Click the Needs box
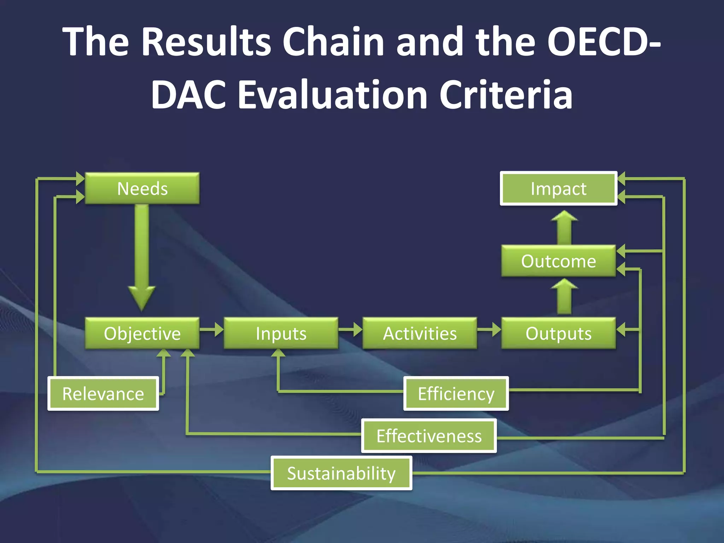[x=142, y=188]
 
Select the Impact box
[x=559, y=188]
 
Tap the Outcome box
[x=559, y=261]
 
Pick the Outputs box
[x=559, y=333]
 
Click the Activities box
[x=420, y=333]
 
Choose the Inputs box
[x=281, y=333]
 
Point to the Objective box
[x=142, y=333]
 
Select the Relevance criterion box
[x=103, y=393]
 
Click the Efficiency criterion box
[x=456, y=393]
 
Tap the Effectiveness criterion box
[x=429, y=436]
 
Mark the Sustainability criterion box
[x=341, y=473]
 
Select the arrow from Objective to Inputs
[x=211, y=329]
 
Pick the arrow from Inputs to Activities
[x=350, y=329]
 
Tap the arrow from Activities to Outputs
[x=489, y=329]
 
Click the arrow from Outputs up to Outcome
[x=564, y=297]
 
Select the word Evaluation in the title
[x=332, y=95]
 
